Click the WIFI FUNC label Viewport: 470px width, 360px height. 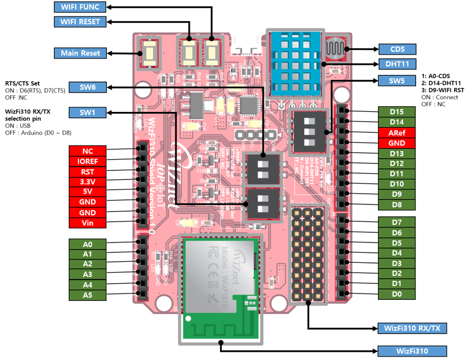[x=80, y=7]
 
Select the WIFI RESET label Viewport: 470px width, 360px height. [x=80, y=22]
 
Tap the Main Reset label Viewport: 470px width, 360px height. [x=80, y=53]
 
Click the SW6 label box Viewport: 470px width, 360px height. [x=88, y=87]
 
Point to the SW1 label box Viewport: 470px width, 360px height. [x=88, y=112]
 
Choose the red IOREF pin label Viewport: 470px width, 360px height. [x=88, y=161]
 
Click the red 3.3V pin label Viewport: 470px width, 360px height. [x=88, y=182]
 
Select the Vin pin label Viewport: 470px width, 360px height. [x=88, y=223]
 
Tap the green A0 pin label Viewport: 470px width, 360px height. [x=88, y=244]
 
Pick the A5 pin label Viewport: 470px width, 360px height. [x=88, y=295]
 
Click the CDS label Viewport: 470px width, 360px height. [x=397, y=49]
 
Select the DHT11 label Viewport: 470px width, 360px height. [x=397, y=64]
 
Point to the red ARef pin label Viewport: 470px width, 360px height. [x=397, y=133]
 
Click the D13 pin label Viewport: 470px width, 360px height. [x=397, y=153]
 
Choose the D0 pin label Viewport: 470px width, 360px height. [x=397, y=294]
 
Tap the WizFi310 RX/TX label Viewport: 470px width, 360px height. [x=412, y=328]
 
